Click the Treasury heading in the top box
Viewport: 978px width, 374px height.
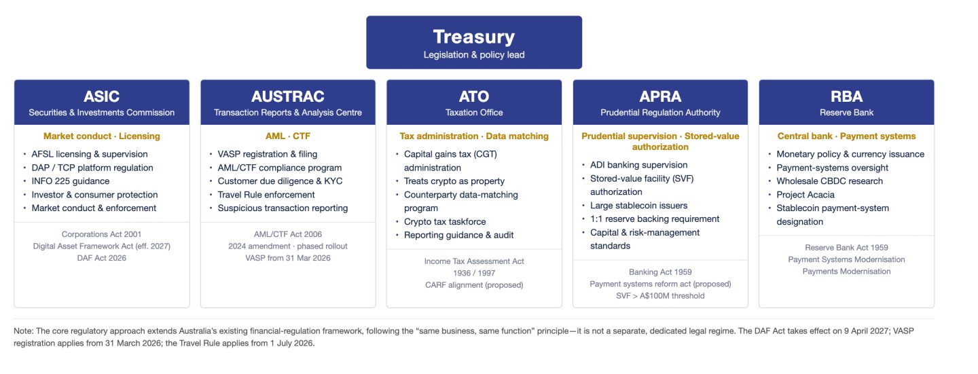[x=474, y=37]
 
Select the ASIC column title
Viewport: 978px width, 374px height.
[x=101, y=96]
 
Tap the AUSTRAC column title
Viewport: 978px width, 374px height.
[x=288, y=96]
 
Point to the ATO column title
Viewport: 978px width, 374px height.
[x=474, y=96]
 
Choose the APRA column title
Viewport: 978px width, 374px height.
[x=660, y=96]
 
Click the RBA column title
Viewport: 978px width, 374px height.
[x=846, y=96]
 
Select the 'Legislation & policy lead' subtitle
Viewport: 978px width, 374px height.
[x=474, y=55]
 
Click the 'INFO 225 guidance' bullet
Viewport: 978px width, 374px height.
[x=71, y=181]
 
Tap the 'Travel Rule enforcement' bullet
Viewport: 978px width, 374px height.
[x=266, y=195]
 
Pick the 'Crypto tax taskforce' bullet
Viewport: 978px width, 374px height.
[x=444, y=222]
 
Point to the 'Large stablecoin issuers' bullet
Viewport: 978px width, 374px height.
[x=638, y=206]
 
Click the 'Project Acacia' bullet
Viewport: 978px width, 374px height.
[x=805, y=195]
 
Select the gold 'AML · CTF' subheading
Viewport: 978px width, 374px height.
[x=288, y=136]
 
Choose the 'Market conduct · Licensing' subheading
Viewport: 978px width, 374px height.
[x=101, y=136]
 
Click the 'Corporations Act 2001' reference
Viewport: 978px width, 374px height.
[x=101, y=234]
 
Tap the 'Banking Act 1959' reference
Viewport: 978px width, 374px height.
[x=660, y=272]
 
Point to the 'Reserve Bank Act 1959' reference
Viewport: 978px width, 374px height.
[x=846, y=248]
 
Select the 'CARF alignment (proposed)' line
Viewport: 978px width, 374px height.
[x=474, y=285]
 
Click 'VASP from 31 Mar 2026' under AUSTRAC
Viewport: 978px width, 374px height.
[x=288, y=258]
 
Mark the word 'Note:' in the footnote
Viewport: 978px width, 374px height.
[x=23, y=331]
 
